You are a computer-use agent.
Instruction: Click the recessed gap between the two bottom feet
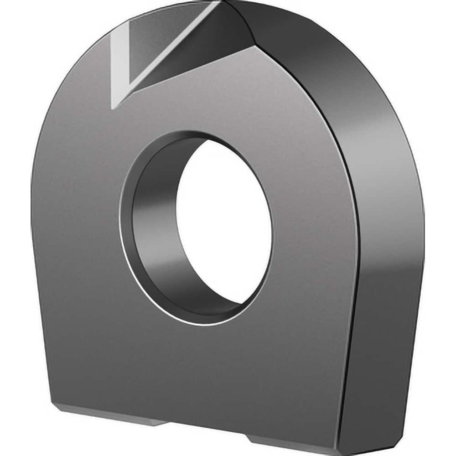pyautogui.click(x=205, y=429)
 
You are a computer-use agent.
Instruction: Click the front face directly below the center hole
pyautogui.click(x=205, y=365)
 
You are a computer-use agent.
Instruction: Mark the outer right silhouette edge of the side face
pyautogui.click(x=422, y=228)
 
